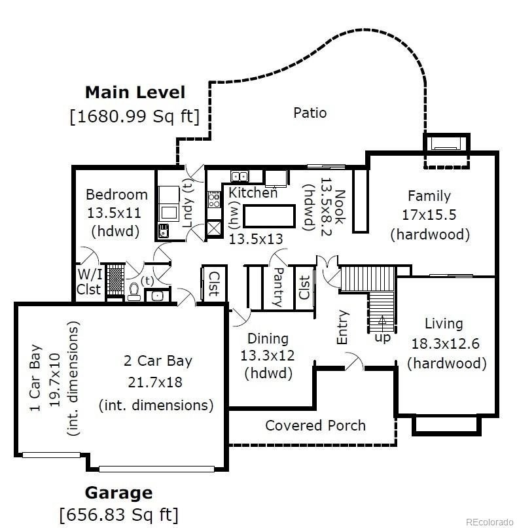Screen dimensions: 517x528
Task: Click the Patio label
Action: [x=310, y=113]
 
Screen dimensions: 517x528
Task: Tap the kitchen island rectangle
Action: [x=269, y=216]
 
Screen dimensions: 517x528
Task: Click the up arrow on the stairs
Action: [x=382, y=320]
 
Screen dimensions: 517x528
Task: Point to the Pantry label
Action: [x=279, y=287]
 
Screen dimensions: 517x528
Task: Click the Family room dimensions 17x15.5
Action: [x=429, y=215]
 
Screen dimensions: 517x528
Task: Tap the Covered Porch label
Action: [x=315, y=426]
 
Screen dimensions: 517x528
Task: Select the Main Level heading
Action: [x=135, y=93]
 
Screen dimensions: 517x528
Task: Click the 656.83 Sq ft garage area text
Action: [x=119, y=514]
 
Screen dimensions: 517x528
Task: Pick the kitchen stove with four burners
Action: [x=214, y=200]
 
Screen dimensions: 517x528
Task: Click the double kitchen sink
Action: [x=240, y=176]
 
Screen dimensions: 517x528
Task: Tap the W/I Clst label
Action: [x=89, y=282]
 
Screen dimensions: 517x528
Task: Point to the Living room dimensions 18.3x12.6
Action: [x=446, y=343]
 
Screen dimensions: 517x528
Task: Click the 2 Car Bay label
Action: [x=158, y=361]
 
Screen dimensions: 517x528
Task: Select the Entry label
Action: [x=342, y=327]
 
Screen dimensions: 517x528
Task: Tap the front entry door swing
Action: [x=354, y=361]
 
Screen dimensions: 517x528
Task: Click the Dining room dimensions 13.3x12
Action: [x=268, y=355]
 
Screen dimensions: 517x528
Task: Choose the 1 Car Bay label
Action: [x=35, y=378]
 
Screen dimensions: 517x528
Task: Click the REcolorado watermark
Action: [x=490, y=522]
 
